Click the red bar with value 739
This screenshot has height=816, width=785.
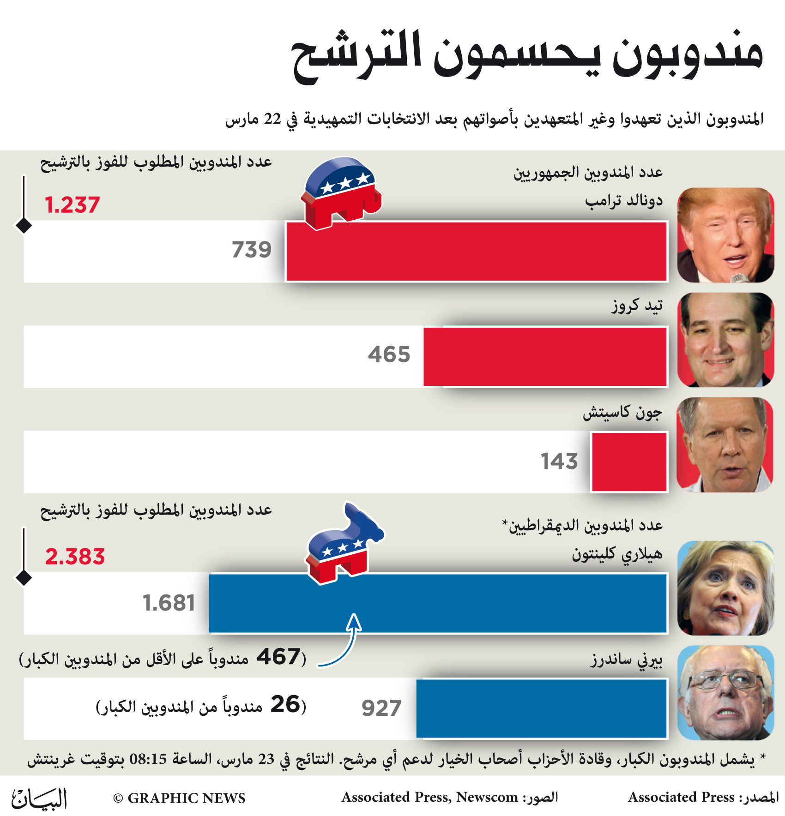477,251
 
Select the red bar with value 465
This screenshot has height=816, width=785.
545,356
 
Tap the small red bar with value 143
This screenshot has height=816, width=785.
629,462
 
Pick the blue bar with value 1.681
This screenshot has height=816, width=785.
438,603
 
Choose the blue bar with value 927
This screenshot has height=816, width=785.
542,708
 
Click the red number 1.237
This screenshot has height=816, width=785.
72,205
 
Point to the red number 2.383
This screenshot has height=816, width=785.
75,557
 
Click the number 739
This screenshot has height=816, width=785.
252,250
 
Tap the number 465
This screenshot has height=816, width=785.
389,354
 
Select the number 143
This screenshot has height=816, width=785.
559,461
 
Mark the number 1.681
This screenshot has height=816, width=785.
169,603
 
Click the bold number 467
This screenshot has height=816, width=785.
278,656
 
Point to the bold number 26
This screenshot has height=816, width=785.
285,704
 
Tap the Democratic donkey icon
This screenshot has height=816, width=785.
344,543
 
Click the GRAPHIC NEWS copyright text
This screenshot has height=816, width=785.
179,798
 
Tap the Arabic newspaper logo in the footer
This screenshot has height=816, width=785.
39,798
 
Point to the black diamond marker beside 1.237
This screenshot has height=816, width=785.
24,226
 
